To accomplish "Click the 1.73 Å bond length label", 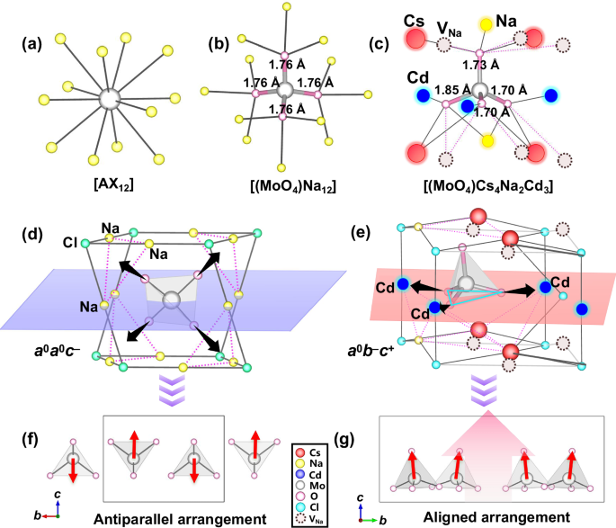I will pos(483,66).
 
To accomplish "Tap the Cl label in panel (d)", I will pos(67,242).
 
